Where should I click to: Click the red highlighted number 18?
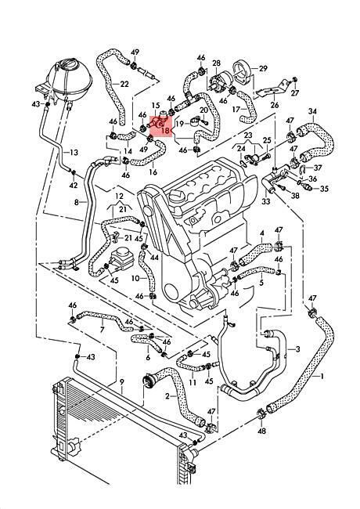coord(165,131)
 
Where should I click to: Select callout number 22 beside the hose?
coord(124,85)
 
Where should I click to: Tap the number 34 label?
coord(312,111)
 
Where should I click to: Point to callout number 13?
coord(74,152)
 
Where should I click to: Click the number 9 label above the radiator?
coord(121,382)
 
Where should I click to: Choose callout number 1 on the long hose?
coord(322,376)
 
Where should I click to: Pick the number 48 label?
coord(261,431)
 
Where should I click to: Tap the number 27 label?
coord(294,93)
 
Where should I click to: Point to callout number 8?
coord(77,202)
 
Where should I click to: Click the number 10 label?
coord(135,278)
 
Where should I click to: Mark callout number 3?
coord(297,349)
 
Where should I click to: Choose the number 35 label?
coord(324,189)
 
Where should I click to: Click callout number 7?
coord(103,330)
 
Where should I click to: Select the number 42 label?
coord(74,185)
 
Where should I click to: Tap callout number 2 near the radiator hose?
coord(167,396)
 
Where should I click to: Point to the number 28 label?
coord(216,63)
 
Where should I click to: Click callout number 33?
coord(266,201)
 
